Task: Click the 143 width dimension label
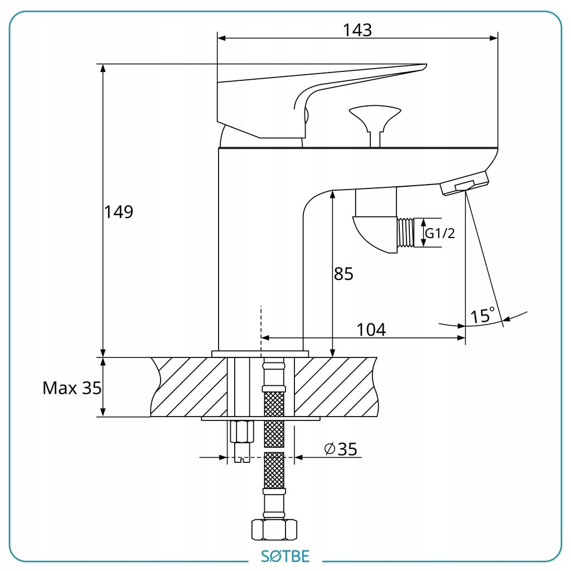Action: (357, 30)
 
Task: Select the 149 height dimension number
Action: (119, 211)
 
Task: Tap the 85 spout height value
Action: (343, 274)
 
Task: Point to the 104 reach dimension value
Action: (371, 330)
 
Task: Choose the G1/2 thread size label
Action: (440, 233)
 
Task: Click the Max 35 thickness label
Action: (72, 388)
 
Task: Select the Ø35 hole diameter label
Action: (341, 449)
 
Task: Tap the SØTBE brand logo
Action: (285, 557)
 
